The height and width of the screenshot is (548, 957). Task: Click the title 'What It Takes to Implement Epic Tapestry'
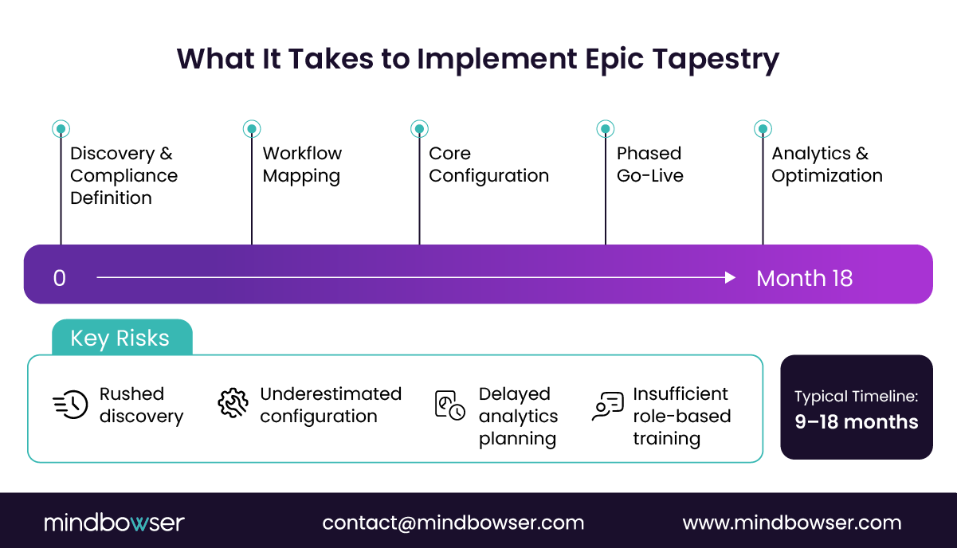pos(478,60)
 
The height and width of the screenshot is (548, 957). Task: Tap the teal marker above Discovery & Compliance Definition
pos(61,128)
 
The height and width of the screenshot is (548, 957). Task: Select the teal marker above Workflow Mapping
pos(252,128)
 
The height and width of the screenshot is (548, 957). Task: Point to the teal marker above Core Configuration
pos(419,128)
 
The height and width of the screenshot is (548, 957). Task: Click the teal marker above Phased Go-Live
pos(606,128)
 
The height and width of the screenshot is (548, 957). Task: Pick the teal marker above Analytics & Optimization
pos(763,128)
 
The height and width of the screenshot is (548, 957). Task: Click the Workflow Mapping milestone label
pos(302,164)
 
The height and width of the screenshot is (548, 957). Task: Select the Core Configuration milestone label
pos(488,164)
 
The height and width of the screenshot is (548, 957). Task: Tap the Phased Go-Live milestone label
pos(649,164)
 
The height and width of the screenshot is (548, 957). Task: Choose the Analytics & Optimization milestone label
pos(826,164)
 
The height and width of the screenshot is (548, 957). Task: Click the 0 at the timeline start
pos(60,278)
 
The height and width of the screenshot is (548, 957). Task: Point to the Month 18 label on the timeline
pos(804,278)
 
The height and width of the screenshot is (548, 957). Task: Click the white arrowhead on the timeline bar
pos(730,277)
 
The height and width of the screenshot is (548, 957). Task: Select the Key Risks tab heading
pos(120,339)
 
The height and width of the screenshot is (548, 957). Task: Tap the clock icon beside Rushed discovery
pos(70,405)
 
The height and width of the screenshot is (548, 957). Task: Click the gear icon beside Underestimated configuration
pos(233,404)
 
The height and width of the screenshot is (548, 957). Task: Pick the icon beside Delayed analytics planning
pos(449,405)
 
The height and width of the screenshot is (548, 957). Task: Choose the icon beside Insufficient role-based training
pos(608,405)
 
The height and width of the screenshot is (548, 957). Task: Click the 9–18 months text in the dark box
pos(857,422)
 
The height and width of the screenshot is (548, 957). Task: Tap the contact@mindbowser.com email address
pos(453,523)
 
